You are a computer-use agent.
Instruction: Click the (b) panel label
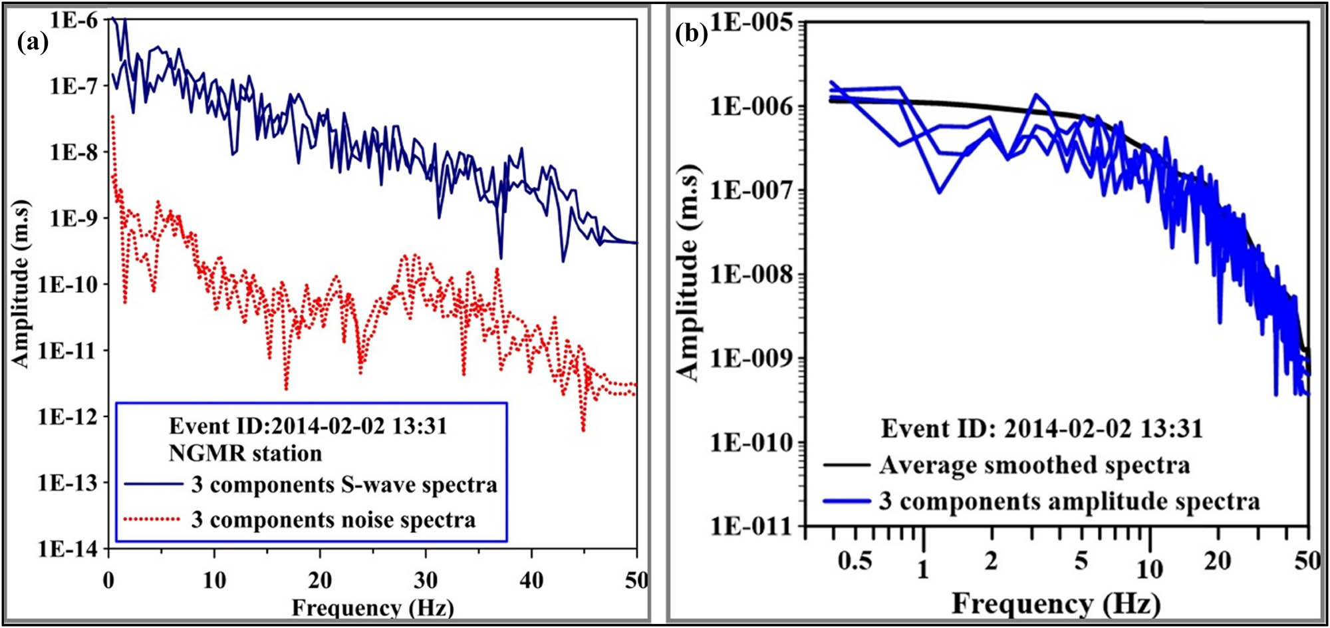click(x=692, y=33)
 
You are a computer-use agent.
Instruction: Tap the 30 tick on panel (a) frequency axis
click(x=426, y=581)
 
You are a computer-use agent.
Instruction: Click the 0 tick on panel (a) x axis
click(x=109, y=581)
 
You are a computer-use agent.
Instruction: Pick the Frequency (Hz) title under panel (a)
click(x=372, y=607)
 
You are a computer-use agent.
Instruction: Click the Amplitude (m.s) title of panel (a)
click(x=22, y=283)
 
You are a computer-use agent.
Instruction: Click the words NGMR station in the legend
click(x=245, y=454)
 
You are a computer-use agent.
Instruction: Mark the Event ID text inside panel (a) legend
click(x=308, y=426)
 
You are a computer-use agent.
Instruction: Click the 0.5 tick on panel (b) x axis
click(x=855, y=561)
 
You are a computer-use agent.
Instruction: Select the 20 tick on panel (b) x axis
click(x=1217, y=561)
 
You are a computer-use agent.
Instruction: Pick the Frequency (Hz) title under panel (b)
click(x=1056, y=604)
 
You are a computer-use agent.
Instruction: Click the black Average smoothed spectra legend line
click(x=847, y=465)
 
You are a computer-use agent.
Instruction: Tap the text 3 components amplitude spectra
click(x=1069, y=501)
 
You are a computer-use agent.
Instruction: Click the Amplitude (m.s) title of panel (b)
click(x=690, y=273)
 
